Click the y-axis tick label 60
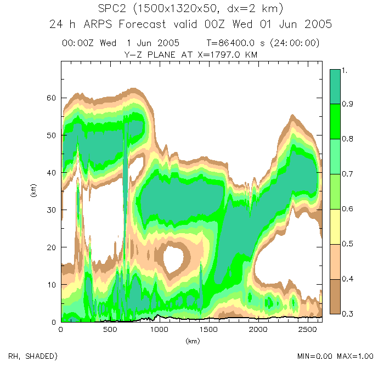click(52, 98)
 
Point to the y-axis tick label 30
click(52, 210)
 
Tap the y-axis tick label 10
click(52, 285)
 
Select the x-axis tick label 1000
click(159, 330)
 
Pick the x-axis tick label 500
click(110, 330)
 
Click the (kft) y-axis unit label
click(34, 191)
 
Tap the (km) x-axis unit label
click(192, 341)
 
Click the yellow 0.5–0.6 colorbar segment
click(336, 227)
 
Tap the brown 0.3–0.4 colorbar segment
click(336, 297)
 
